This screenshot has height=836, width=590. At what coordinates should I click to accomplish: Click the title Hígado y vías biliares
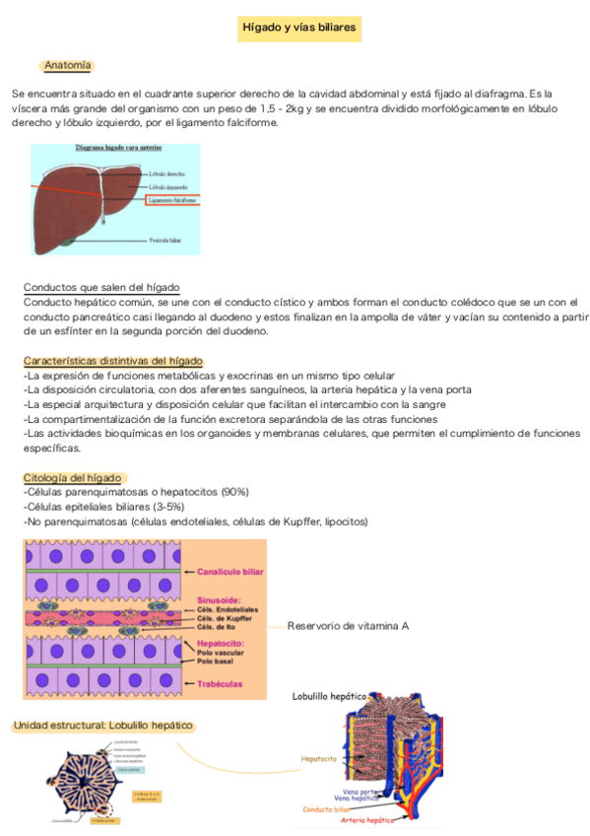299,28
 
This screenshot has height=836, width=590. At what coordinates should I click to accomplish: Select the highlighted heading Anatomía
68,65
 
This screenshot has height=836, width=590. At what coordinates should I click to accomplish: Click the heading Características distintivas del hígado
113,361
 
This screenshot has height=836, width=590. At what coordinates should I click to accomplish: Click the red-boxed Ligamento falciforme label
172,199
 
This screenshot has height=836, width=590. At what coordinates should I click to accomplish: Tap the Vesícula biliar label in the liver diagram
164,240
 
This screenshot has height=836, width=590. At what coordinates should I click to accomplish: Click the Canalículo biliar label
230,571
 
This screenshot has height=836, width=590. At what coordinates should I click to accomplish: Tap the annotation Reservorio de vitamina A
348,626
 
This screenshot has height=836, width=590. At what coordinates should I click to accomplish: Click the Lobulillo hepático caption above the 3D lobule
329,697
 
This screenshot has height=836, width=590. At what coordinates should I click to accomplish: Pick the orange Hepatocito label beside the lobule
318,758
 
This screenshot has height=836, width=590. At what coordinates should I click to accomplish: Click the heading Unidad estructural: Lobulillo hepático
102,727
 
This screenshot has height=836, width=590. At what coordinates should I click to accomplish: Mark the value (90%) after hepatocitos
235,491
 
